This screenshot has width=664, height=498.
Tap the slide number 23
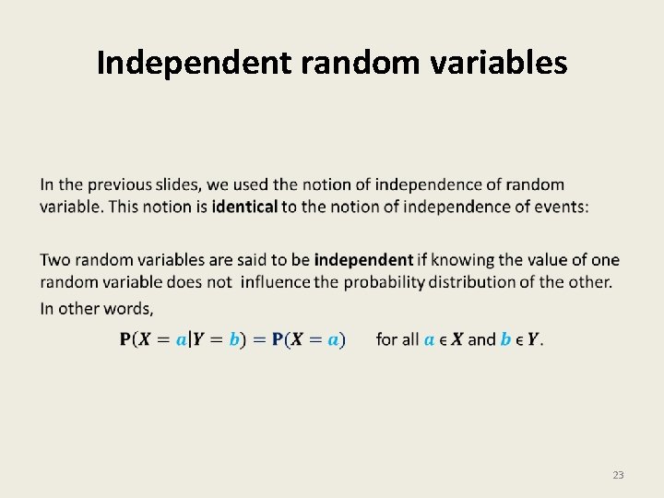click(x=618, y=475)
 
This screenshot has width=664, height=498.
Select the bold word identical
click(x=244, y=207)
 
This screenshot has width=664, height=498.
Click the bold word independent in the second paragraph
click(x=363, y=260)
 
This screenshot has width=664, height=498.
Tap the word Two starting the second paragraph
click(x=55, y=260)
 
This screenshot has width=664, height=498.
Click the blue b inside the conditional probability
click(x=234, y=339)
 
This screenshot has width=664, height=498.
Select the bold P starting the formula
click(x=125, y=339)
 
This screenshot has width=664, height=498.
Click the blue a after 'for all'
click(x=430, y=339)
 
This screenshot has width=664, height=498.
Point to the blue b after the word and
click(x=505, y=339)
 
